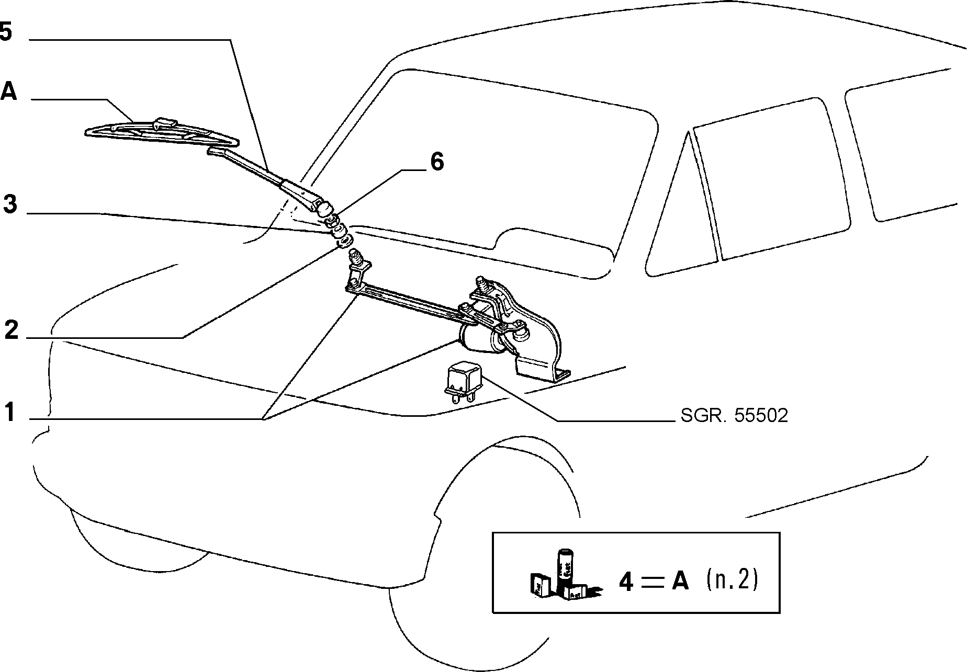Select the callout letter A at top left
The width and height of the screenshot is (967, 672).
pyautogui.click(x=8, y=92)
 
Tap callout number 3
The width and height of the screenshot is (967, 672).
pyautogui.click(x=10, y=204)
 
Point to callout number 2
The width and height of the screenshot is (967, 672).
pyautogui.click(x=12, y=331)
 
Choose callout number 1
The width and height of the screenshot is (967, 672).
pyautogui.click(x=10, y=412)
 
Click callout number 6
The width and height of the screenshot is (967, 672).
pyautogui.click(x=437, y=162)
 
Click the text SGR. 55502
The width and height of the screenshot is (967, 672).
pyautogui.click(x=734, y=415)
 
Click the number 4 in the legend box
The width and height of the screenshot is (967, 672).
pyautogui.click(x=627, y=582)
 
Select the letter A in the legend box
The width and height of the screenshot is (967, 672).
pyautogui.click(x=680, y=582)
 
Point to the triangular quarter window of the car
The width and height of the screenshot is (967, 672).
pyautogui.click(x=680, y=220)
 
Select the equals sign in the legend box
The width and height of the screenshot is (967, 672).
pyautogui.click(x=652, y=583)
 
